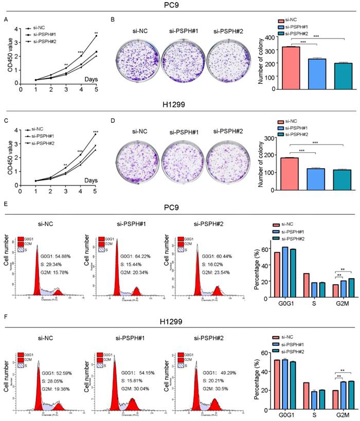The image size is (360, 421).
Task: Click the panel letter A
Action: (6, 20)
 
